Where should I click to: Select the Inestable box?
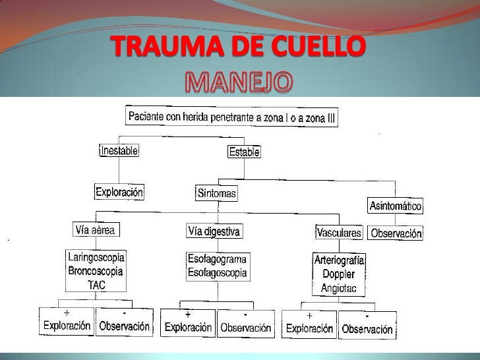[119, 150]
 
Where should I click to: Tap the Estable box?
[244, 152]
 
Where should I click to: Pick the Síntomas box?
[216, 194]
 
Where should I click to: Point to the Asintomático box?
[395, 206]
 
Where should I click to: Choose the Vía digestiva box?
[214, 231]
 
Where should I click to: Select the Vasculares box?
[339, 233]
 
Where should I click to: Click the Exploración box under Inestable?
[119, 193]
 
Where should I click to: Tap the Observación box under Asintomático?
[396, 233]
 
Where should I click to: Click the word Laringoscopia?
[96, 256]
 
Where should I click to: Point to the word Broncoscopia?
[96, 270]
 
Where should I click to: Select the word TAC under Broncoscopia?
[96, 285]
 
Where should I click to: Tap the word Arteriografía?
[339, 260]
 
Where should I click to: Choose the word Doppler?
[339, 274]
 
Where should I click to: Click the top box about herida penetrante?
[240, 117]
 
